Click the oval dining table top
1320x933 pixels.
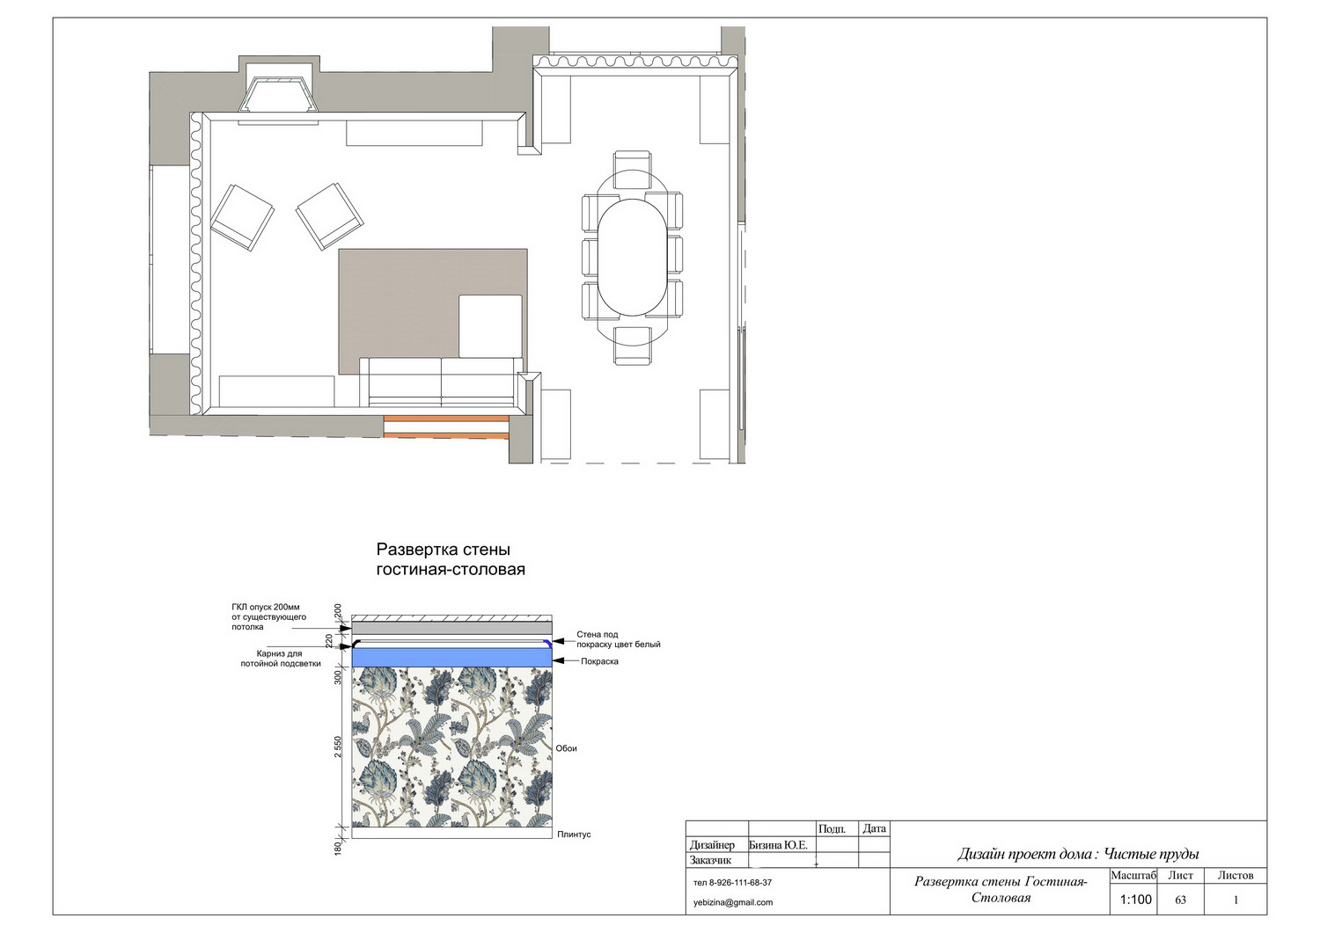coord(633,258)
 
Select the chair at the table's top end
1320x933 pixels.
coord(633,171)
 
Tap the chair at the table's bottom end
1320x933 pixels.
coord(633,346)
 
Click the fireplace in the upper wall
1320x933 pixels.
coord(279,94)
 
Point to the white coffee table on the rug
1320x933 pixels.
coord(490,326)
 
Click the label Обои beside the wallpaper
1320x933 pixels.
coord(567,748)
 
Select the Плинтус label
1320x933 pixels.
coord(574,835)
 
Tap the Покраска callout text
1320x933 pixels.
coord(600,661)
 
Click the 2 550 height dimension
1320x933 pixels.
coord(338,747)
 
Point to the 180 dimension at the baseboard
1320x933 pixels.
coord(338,849)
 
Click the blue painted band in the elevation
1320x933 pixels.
coord(452,658)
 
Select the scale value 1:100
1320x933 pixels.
coord(1135,900)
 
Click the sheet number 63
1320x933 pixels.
coord(1180,900)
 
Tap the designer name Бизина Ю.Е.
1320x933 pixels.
coord(778,845)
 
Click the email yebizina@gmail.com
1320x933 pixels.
coord(733,902)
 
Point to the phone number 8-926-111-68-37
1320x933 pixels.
coord(740,883)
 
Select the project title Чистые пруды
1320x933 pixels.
coord(1151,854)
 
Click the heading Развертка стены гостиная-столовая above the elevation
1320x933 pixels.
coord(451,559)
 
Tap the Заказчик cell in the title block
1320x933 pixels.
coord(711,861)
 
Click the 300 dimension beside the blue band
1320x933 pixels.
coord(338,677)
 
